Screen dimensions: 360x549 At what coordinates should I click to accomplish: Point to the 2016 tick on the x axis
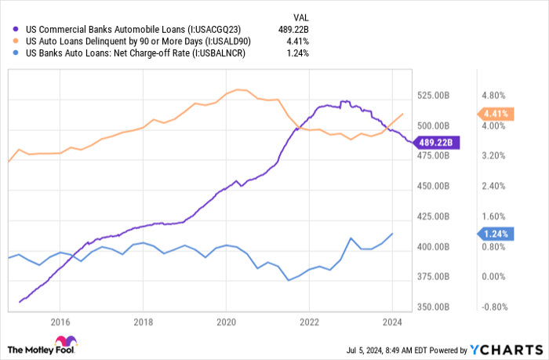point(60,322)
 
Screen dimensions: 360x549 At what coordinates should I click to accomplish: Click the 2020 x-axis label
point(226,322)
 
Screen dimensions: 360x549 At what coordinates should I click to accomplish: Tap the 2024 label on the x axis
point(391,322)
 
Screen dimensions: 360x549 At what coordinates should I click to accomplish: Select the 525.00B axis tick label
point(433,96)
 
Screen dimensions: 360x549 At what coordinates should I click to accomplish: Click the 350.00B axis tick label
point(433,307)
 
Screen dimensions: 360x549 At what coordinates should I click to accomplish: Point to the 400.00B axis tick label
point(433,247)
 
